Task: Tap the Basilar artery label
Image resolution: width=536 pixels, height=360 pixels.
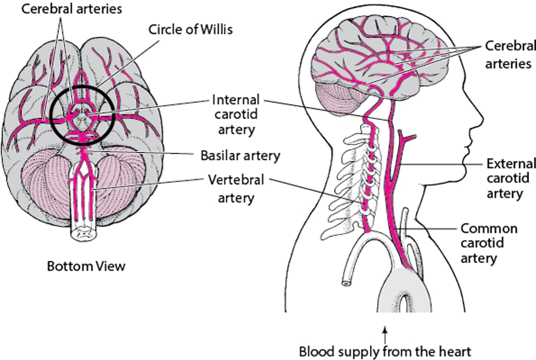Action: point(240,156)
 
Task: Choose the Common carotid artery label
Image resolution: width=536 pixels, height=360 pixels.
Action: point(489,243)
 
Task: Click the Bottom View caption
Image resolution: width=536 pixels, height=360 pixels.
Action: point(86,267)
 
